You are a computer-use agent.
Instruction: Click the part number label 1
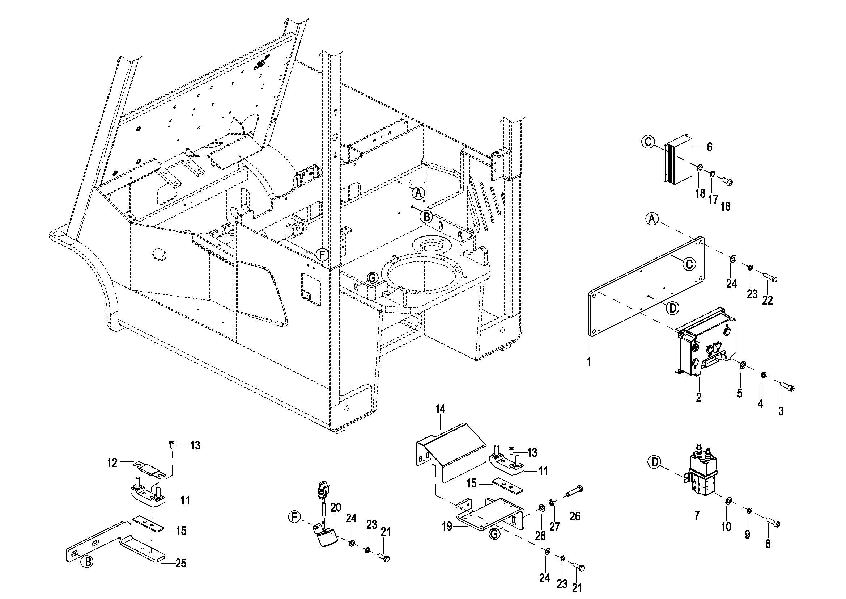[589, 362]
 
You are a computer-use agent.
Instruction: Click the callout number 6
[709, 147]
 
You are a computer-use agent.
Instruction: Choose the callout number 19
[447, 526]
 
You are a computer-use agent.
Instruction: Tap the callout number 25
[180, 563]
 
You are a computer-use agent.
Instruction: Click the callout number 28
[540, 535]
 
